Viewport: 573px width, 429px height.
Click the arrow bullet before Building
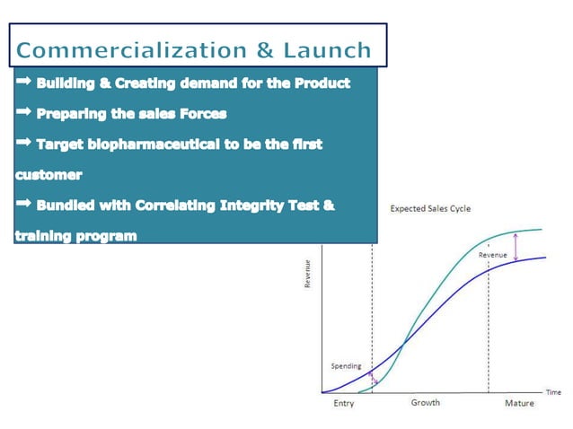pyautogui.click(x=23, y=83)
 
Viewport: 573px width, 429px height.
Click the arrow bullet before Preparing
pyautogui.click(x=23, y=113)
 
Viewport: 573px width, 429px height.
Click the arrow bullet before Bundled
pyautogui.click(x=23, y=205)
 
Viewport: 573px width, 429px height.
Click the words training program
pyautogui.click(x=75, y=236)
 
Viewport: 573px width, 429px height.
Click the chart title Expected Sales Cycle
pyautogui.click(x=430, y=209)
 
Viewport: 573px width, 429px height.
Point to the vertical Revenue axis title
pyautogui.click(x=308, y=274)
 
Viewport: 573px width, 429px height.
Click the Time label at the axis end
pyautogui.click(x=553, y=392)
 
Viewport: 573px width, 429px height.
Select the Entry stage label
pyautogui.click(x=343, y=404)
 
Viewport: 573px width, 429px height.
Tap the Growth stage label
pyautogui.click(x=425, y=403)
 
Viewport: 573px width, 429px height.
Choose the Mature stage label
pyautogui.click(x=518, y=404)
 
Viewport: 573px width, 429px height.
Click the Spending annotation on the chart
pyautogui.click(x=346, y=366)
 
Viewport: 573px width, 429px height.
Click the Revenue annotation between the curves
pyautogui.click(x=492, y=256)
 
